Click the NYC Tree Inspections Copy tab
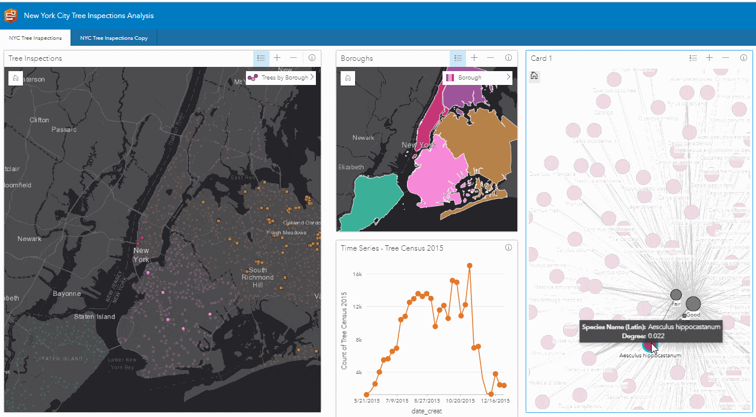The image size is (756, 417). (x=114, y=38)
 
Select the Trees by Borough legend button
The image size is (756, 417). (x=280, y=78)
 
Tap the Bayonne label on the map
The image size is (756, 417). (x=67, y=293)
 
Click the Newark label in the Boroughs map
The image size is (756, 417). (x=363, y=138)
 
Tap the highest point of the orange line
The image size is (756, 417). (x=469, y=265)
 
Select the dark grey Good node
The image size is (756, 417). (x=693, y=304)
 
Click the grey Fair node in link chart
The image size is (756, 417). (x=676, y=295)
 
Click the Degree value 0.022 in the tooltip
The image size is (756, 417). (x=657, y=336)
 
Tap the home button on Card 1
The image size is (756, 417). (x=534, y=76)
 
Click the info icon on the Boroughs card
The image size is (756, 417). (x=508, y=58)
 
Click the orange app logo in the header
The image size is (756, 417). (x=11, y=15)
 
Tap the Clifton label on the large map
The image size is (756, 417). (x=39, y=120)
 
